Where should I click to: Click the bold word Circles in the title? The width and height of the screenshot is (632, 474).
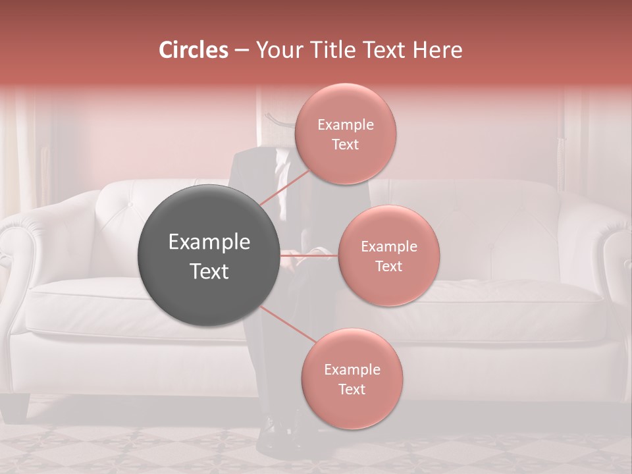tap(194, 50)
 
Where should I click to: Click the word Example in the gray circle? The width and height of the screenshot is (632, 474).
tap(209, 242)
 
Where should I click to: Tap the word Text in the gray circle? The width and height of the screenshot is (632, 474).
tap(209, 271)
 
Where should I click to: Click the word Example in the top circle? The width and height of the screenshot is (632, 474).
tap(346, 125)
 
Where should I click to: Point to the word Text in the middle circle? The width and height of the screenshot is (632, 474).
tap(388, 267)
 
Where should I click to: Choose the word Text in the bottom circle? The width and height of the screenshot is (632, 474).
tap(352, 390)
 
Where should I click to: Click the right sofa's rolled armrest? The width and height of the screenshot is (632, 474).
tap(616, 244)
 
